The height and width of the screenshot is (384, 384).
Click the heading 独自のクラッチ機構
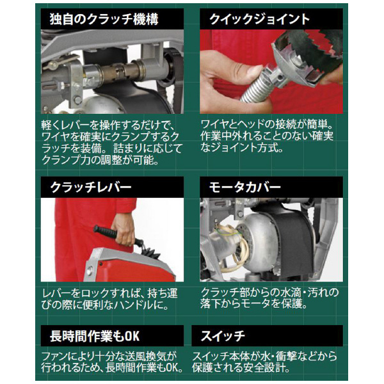(x=104, y=19)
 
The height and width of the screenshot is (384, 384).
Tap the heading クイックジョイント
(x=260, y=19)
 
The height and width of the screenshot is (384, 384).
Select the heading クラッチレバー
(x=91, y=188)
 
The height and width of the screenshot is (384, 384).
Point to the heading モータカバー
(x=244, y=188)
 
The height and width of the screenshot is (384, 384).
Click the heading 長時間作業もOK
(x=95, y=336)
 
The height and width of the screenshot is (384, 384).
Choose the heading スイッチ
(x=223, y=336)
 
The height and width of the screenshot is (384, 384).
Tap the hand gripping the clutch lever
(x=124, y=229)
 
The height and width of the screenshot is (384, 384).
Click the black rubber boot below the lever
(x=150, y=252)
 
